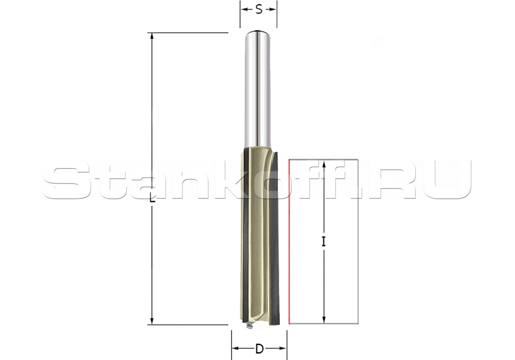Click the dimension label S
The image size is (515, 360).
[259, 10]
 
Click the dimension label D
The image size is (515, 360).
[259, 349]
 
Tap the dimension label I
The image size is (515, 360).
[324, 242]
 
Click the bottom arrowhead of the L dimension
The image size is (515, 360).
[152, 321]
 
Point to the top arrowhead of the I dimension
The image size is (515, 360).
[324, 164]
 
